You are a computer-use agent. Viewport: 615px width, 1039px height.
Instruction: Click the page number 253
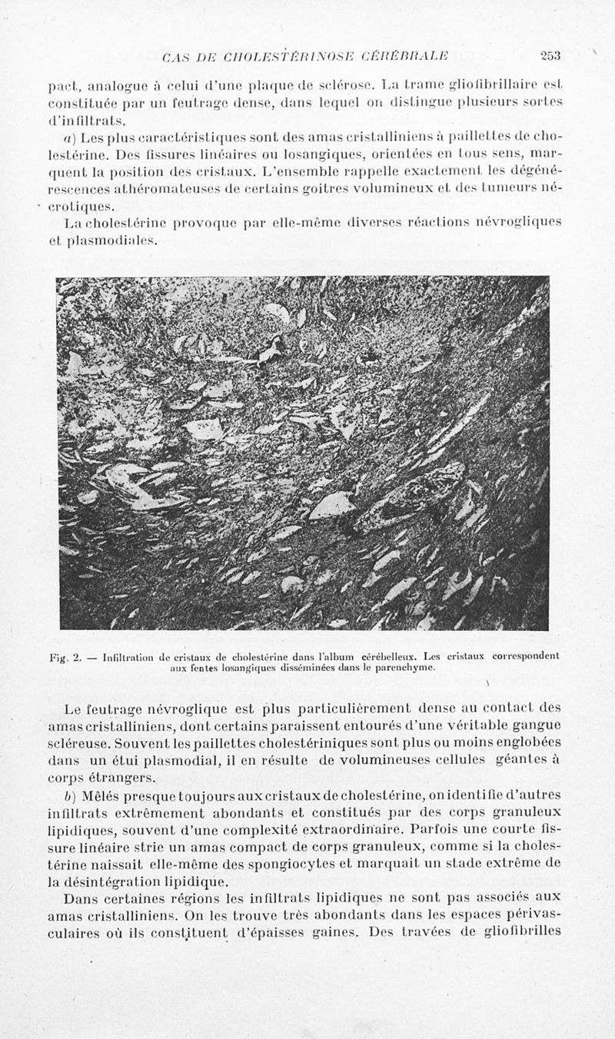(x=550, y=55)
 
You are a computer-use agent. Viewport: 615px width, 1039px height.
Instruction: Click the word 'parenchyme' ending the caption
(x=406, y=669)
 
